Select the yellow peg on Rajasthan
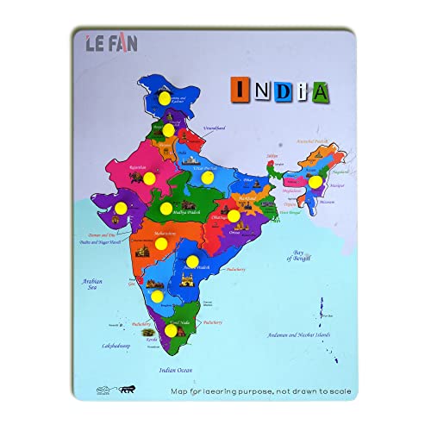149,178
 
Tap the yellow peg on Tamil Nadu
171,331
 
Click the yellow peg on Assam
315,182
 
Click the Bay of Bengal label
292,251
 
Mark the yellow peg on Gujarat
122,208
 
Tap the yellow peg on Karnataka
157,296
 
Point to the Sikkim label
272,156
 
